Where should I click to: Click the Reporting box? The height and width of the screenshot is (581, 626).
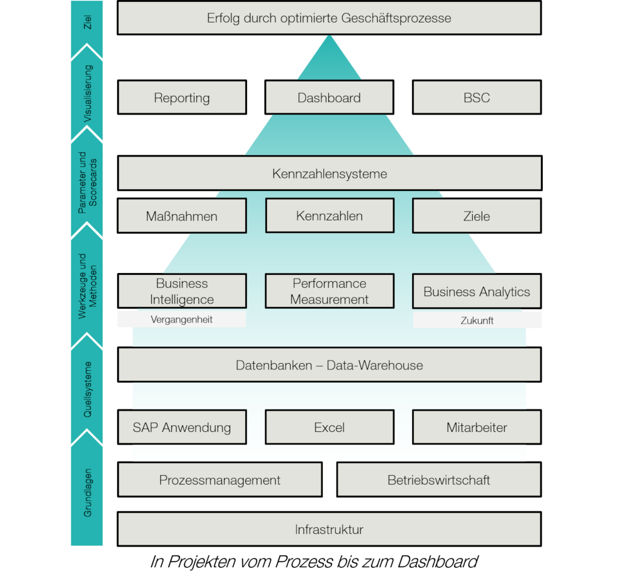pos(182,98)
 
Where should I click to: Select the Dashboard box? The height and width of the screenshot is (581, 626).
pos(329,98)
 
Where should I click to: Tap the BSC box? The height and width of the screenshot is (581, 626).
pos(477,98)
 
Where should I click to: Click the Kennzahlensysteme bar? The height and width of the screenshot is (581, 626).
pos(329,173)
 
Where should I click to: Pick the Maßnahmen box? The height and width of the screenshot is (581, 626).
pos(182,216)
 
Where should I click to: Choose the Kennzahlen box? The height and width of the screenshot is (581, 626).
pos(330,216)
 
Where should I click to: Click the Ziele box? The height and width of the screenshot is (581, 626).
pos(477,216)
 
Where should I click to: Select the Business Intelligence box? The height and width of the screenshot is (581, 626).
pos(182,291)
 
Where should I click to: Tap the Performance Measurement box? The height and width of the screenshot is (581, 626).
pos(330,291)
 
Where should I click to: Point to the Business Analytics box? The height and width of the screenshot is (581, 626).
pos(477,291)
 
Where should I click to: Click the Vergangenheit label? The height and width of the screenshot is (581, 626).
pos(181,319)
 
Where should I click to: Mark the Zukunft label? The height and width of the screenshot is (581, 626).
pos(477,321)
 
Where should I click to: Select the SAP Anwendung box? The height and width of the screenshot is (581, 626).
pos(182,428)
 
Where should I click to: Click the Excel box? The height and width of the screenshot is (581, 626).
pos(330,428)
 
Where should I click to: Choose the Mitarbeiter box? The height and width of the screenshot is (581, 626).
pos(477,428)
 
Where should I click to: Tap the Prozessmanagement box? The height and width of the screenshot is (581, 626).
pos(220,480)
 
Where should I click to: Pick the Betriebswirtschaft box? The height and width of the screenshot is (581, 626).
pos(438,480)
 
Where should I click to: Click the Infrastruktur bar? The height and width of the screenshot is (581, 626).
pos(329,530)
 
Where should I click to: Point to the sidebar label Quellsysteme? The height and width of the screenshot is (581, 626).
pos(88,389)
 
